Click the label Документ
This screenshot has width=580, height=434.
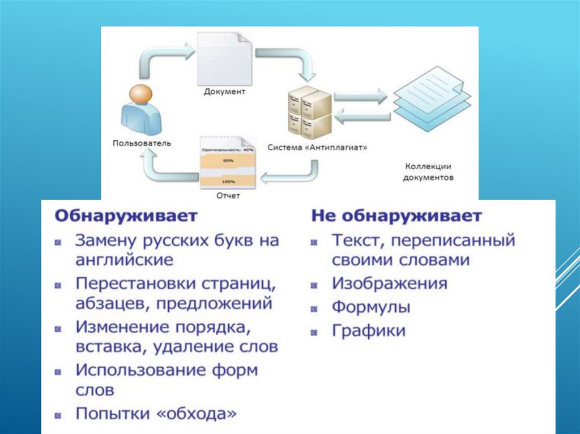point(225,92)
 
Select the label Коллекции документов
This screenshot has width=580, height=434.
point(428,171)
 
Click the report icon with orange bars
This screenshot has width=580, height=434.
point(227,164)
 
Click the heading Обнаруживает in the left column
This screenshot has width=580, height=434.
point(126,216)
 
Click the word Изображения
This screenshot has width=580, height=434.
point(390,283)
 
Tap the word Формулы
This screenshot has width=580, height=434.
point(371,307)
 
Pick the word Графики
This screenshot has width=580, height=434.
point(369,330)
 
